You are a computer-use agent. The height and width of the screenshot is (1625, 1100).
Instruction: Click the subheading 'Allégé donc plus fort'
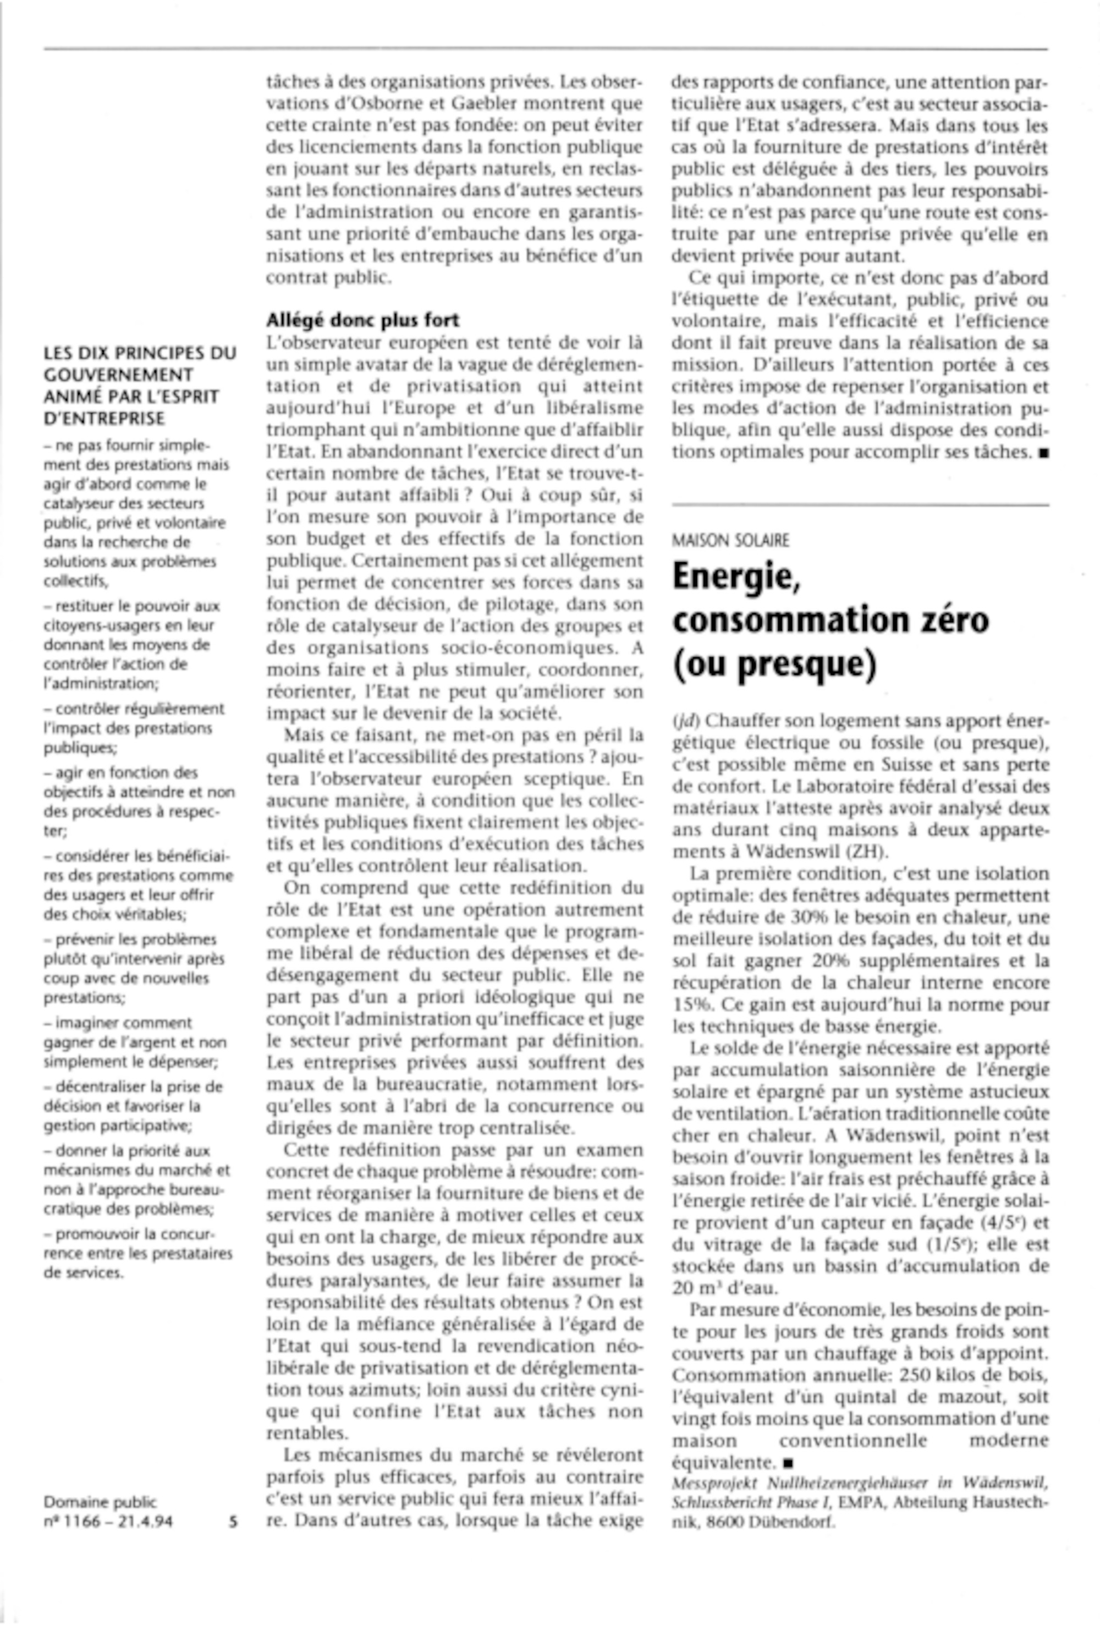pos(362,320)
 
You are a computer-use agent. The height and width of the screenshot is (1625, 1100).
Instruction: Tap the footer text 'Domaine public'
pos(100,1501)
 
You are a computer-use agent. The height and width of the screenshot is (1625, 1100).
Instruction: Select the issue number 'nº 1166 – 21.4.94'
pos(108,1521)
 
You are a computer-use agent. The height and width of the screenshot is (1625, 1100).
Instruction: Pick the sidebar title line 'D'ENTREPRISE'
pos(104,419)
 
